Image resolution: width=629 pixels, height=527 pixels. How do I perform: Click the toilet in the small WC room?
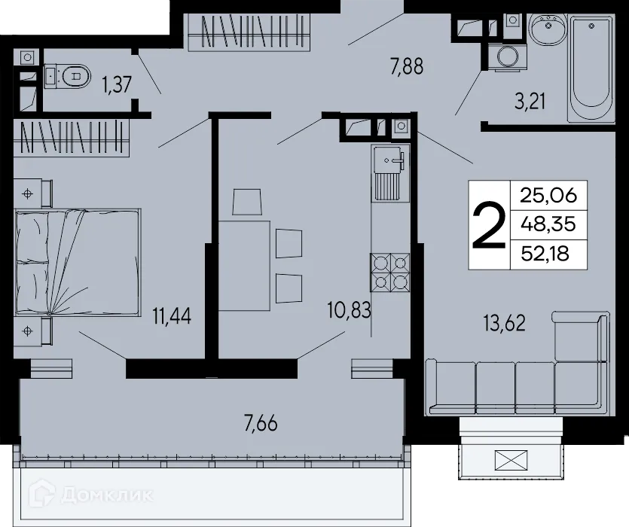(69, 75)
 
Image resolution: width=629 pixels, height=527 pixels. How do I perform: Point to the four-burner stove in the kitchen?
(389, 272)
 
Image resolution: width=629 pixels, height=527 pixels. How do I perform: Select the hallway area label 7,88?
(407, 66)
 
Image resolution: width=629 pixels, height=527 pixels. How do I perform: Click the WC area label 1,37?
(118, 84)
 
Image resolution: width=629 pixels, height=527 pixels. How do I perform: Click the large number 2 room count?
(488, 226)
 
